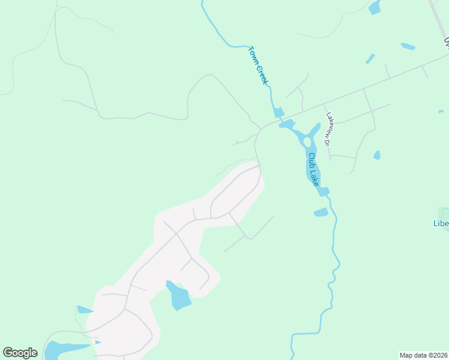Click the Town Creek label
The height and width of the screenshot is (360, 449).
click(x=258, y=65)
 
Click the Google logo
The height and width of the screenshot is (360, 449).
click(x=20, y=353)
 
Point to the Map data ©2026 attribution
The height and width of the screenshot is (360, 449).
click(x=423, y=355)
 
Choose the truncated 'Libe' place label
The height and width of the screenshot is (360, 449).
click(x=441, y=224)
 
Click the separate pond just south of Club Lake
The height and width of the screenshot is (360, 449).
click(x=321, y=212)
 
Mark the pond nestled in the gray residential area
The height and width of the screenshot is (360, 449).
click(x=178, y=296)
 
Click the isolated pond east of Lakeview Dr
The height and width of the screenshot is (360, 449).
click(x=376, y=155)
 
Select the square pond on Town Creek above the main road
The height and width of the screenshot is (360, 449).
click(x=279, y=112)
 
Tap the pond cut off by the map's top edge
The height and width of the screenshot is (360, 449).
click(x=375, y=7)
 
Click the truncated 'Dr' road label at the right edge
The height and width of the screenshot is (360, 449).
click(x=446, y=42)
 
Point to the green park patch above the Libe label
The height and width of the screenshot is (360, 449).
click(x=445, y=212)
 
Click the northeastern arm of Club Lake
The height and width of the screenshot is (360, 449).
click(x=315, y=130)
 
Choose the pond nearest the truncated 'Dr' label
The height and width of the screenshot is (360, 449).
click(x=408, y=46)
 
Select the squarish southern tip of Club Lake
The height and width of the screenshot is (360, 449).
click(x=324, y=191)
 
